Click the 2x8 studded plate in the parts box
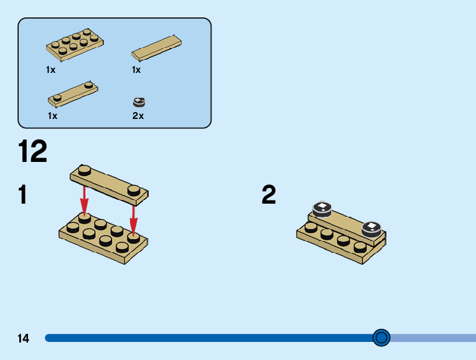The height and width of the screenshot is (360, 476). click(x=74, y=45)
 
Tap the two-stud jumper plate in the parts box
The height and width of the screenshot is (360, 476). click(x=73, y=93)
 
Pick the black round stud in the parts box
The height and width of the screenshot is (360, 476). click(x=139, y=102)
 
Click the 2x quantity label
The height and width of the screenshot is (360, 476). click(x=138, y=116)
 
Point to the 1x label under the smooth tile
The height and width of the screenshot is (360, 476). click(x=136, y=70)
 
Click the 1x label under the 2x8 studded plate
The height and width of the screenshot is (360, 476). click(x=51, y=70)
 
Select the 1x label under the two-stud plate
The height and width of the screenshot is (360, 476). click(x=52, y=116)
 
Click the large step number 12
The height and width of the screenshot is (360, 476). click(x=32, y=152)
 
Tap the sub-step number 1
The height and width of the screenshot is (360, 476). click(x=23, y=195)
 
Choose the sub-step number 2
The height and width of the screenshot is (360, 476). click(x=269, y=195)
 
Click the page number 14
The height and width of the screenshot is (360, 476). click(x=24, y=339)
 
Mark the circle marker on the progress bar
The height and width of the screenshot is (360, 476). click(x=381, y=338)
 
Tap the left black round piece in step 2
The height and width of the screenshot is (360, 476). click(x=322, y=209)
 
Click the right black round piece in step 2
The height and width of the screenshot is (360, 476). click(x=371, y=228)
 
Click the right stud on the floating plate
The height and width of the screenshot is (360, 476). click(x=134, y=189)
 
